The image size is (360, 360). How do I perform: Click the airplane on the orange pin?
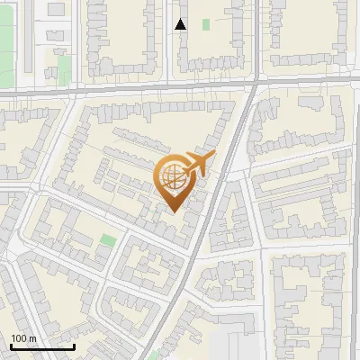[x=199, y=164]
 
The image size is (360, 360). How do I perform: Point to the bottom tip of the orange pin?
[x=174, y=211]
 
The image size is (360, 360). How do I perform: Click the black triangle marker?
[x=181, y=25]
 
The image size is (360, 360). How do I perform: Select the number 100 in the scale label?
[x=20, y=338]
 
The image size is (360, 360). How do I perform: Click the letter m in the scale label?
[x=33, y=338]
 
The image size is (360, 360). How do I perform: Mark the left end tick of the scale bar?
[x=9, y=346]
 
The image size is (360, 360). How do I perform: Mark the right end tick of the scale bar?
[x=75, y=346]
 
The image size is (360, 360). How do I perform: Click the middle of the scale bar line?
[x=41, y=347]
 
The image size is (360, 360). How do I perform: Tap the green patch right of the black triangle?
[x=206, y=24]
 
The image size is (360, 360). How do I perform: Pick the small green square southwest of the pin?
[x=108, y=241]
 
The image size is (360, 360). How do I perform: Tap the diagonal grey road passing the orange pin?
[x=212, y=216]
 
